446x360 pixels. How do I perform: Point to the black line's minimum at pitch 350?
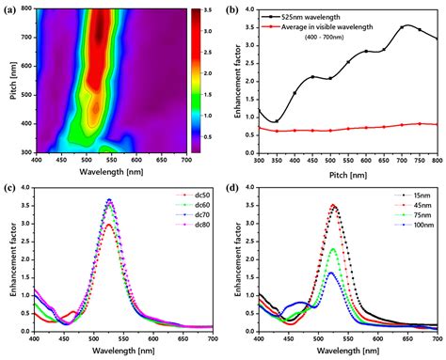click(x=276, y=121)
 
